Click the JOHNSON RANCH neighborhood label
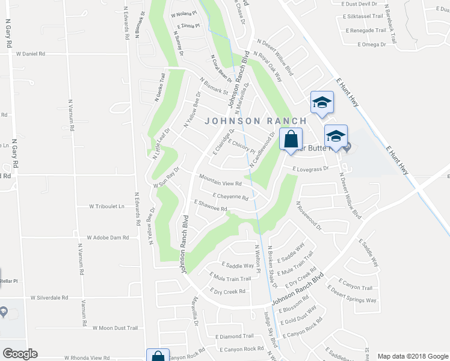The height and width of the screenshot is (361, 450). coord(256,121)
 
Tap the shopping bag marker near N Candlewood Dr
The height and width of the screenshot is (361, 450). coord(291,140)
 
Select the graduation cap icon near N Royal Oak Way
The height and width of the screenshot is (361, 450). coord(322,102)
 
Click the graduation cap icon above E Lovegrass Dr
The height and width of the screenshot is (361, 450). coord(336,136)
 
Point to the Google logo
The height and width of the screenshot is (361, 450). coord(20,354)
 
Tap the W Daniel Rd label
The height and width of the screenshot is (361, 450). coord(30,54)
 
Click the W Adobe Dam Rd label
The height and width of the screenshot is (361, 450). coord(108,238)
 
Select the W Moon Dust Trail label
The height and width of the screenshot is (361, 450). coord(115,328)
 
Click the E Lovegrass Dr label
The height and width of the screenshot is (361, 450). coord(310,169)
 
